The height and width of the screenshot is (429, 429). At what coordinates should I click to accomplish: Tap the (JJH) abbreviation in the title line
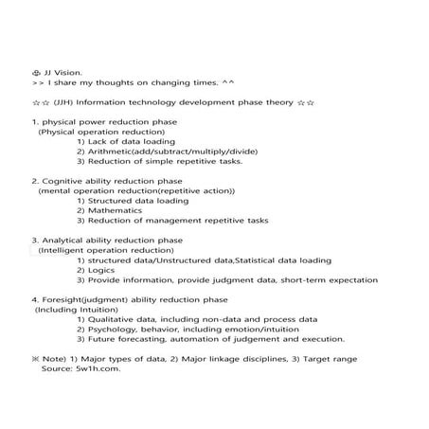pyautogui.click(x=63, y=102)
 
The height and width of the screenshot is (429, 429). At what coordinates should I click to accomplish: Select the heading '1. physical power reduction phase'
pyautogui.click(x=104, y=122)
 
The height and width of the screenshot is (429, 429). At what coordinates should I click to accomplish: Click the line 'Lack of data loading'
pyautogui.click(x=131, y=141)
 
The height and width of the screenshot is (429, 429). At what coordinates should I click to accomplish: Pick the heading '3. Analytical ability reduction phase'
pyautogui.click(x=107, y=241)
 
